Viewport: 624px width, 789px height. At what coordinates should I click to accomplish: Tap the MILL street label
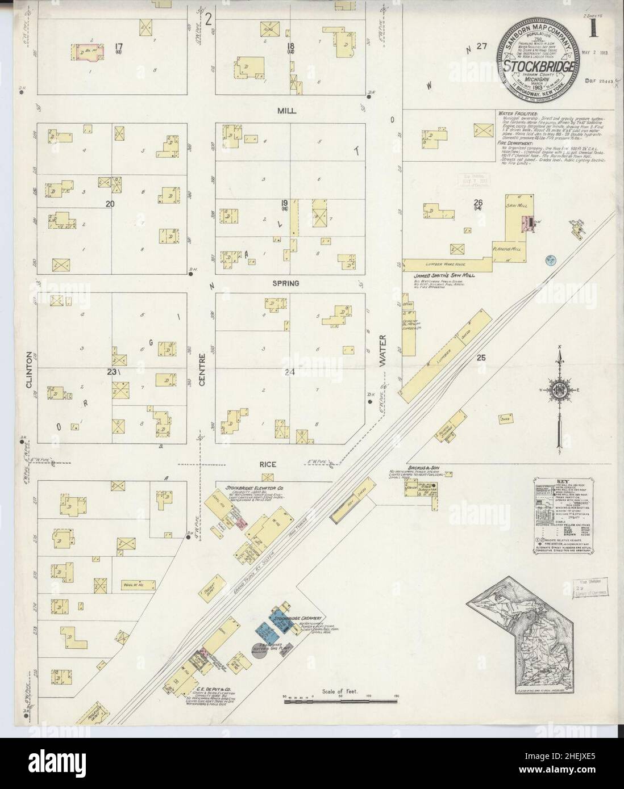288,111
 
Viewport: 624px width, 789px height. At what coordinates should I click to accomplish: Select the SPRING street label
285,283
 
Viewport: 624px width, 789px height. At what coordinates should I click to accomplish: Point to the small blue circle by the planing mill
550,260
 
